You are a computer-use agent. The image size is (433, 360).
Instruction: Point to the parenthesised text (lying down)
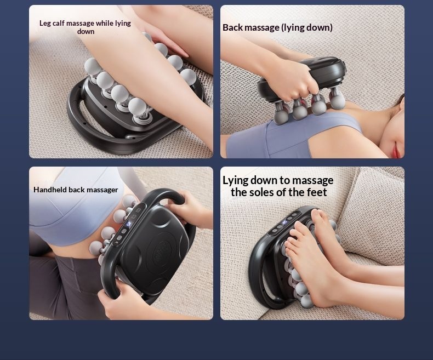click(x=307, y=27)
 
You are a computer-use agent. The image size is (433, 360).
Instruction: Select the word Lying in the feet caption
click(x=235, y=180)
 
